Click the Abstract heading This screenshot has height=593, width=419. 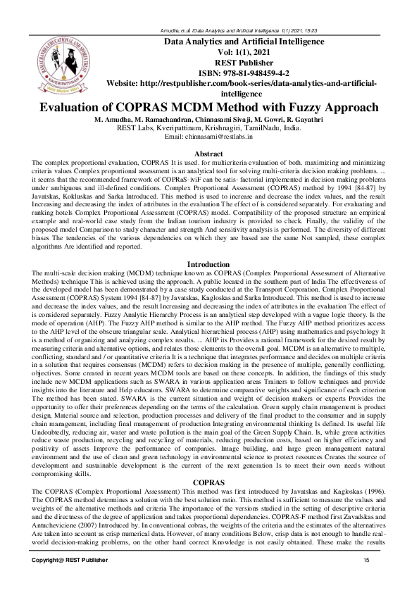coord(208,153)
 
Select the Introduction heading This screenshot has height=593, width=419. coord(208,264)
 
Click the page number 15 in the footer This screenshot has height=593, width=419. coord(366,559)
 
